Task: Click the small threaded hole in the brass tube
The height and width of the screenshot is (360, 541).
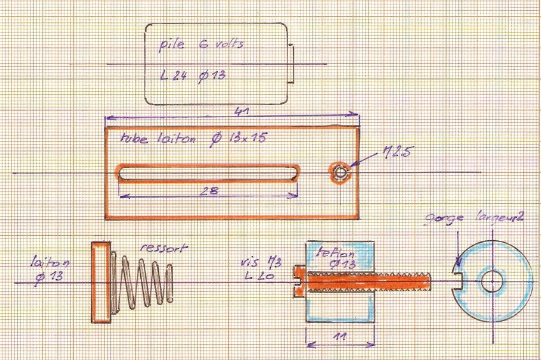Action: [x=340, y=172]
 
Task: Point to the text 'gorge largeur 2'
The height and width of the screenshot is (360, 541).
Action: [x=474, y=219]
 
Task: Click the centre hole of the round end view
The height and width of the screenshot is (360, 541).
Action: [x=492, y=281]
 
